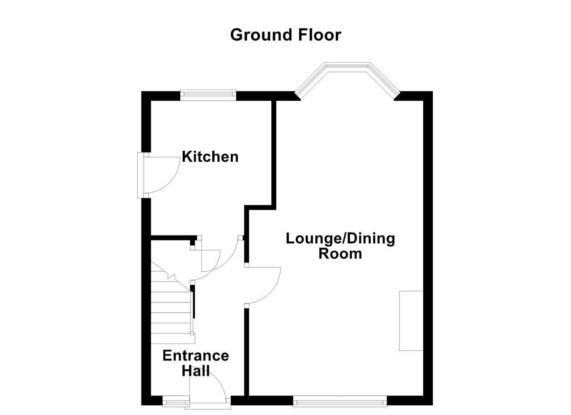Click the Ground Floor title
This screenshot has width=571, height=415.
pyautogui.click(x=285, y=35)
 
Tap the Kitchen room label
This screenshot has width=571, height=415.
pyautogui.click(x=210, y=157)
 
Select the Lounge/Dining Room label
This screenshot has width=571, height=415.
pyautogui.click(x=340, y=246)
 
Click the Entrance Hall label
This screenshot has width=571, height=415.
pyautogui.click(x=195, y=363)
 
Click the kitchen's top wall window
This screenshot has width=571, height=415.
pyautogui.click(x=208, y=95)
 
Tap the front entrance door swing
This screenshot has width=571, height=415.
pyautogui.click(x=210, y=388)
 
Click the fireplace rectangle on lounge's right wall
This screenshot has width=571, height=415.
pyautogui.click(x=411, y=320)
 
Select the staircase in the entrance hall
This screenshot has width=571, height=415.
pyautogui.click(x=171, y=307)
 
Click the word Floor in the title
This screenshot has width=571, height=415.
pyautogui.click(x=318, y=35)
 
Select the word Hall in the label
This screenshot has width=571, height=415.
pyautogui.click(x=195, y=371)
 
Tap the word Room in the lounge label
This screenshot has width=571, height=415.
pyautogui.click(x=340, y=254)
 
